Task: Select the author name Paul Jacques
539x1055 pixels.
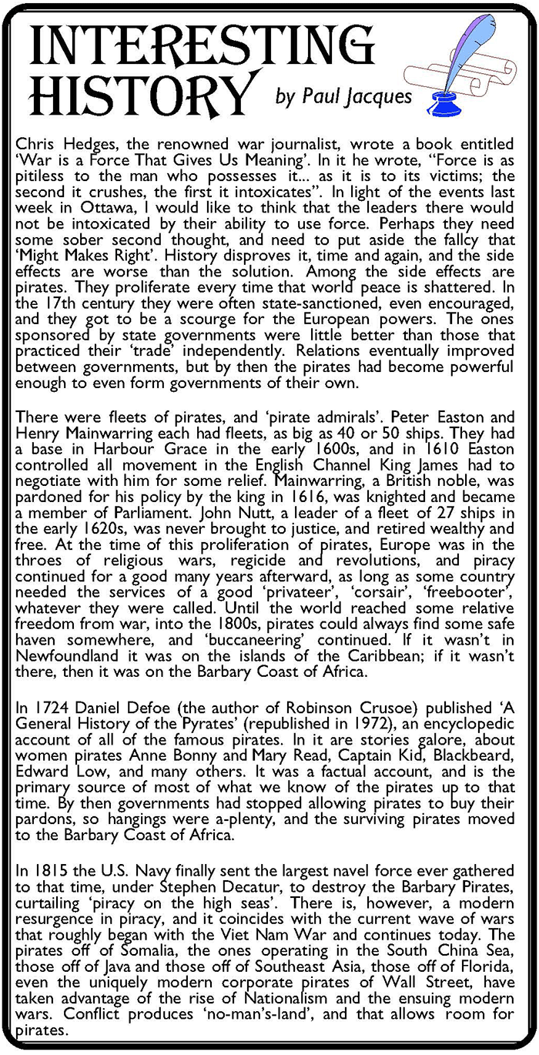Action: click(344, 97)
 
